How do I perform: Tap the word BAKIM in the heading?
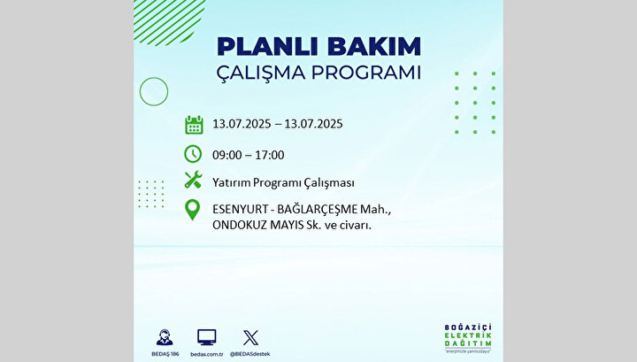click(x=374, y=47)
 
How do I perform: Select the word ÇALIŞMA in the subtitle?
click(x=260, y=73)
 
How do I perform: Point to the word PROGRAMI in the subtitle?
click(x=366, y=73)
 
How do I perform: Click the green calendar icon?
click(x=194, y=125)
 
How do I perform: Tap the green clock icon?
click(x=193, y=154)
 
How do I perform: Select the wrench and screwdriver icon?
click(x=193, y=180)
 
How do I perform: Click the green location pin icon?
click(x=192, y=210)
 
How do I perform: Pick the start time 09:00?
click(x=226, y=155)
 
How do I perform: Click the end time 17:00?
click(x=270, y=155)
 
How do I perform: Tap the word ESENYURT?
click(x=240, y=210)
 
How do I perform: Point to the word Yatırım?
click(x=231, y=183)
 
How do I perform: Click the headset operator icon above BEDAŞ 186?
click(x=165, y=337)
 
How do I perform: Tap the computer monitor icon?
click(x=207, y=337)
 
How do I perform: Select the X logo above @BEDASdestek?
click(x=250, y=337)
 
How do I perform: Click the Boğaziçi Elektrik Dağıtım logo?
click(x=468, y=338)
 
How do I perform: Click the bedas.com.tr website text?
click(x=207, y=354)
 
